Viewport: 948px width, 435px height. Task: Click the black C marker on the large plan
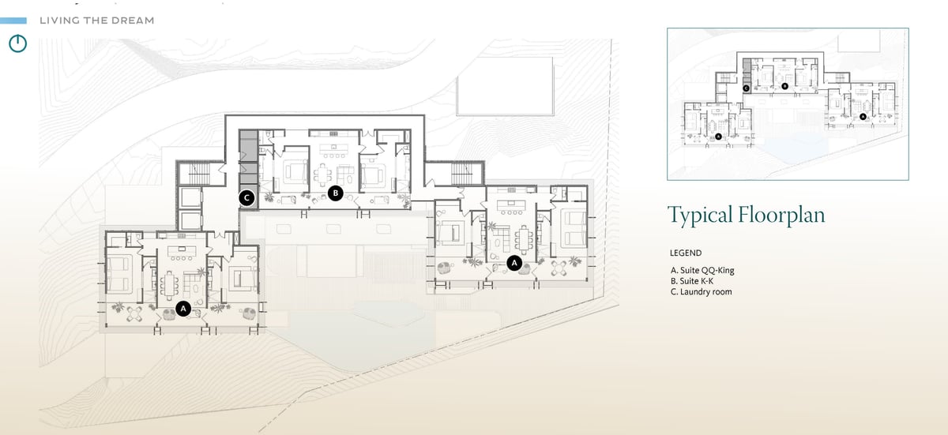[246, 198]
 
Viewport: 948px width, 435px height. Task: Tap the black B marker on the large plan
[336, 193]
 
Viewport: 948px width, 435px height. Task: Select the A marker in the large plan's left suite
[183, 309]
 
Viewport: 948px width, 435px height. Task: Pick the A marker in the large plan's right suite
[514, 263]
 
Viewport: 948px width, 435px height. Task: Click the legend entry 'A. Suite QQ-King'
[702, 270]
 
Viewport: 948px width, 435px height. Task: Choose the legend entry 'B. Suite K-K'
[692, 281]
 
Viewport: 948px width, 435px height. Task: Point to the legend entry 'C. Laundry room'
[702, 291]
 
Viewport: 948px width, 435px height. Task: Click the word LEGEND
[686, 253]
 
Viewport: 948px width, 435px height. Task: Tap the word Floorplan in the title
[781, 215]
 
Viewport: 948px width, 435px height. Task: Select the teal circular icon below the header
[17, 43]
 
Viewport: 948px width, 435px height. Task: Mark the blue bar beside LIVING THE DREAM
[13, 21]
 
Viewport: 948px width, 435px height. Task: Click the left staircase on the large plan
[199, 174]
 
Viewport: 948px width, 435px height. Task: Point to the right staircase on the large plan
[461, 174]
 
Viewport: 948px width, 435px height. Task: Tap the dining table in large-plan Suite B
[324, 174]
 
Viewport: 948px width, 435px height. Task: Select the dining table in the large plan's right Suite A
[524, 239]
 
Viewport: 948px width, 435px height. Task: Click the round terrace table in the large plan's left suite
[135, 313]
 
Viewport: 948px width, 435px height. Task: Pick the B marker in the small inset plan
[785, 86]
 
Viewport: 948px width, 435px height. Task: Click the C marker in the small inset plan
[746, 88]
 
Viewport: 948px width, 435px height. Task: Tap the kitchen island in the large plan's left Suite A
[182, 251]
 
